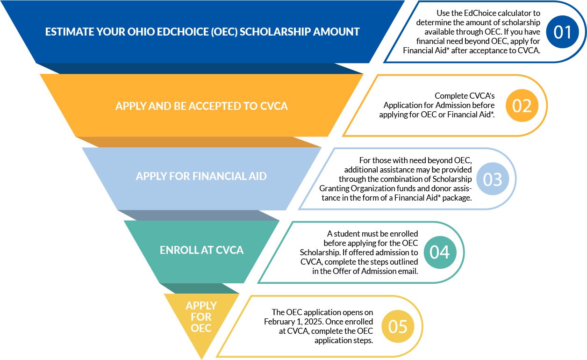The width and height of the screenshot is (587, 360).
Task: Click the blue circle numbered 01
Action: coord(562,32)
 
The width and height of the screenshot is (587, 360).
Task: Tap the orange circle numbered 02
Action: coord(522,105)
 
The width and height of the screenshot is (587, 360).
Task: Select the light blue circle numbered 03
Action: coord(493,179)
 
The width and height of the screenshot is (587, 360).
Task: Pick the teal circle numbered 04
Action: coord(440,252)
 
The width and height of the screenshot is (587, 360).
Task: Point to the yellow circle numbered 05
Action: coord(398,326)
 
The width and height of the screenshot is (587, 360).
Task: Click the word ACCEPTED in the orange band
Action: coord(216,106)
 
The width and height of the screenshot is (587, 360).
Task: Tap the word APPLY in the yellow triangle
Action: coord(201,306)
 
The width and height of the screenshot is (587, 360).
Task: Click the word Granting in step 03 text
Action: coord(334,189)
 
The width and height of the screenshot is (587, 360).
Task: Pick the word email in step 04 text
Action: coord(408,271)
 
